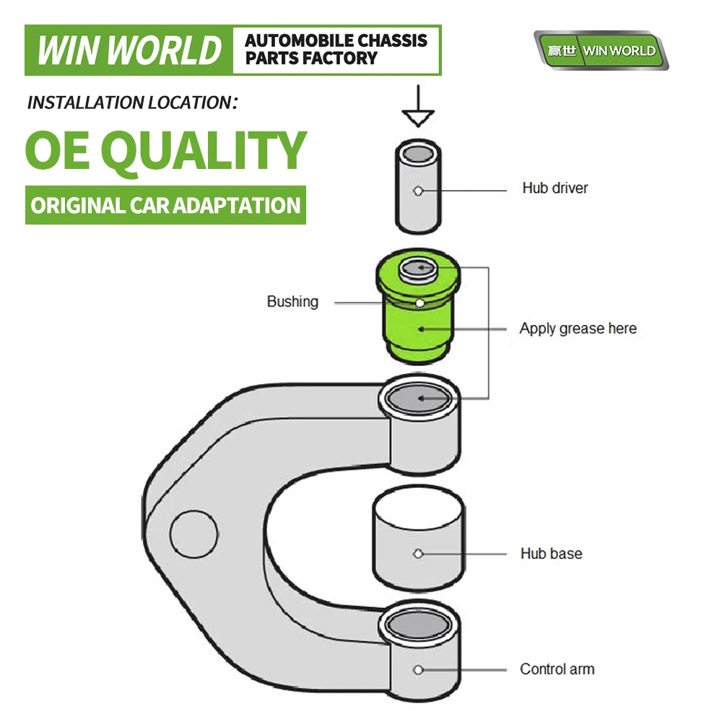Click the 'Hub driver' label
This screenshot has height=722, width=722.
[554, 188]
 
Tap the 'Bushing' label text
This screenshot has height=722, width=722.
[292, 302]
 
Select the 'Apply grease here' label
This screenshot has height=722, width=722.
[578, 329]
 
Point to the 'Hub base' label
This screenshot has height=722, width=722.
[551, 554]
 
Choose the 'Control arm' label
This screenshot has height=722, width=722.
[557, 669]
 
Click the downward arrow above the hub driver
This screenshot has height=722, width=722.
[418, 105]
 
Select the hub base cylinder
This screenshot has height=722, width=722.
[418, 538]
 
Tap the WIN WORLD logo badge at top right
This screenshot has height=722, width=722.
[601, 51]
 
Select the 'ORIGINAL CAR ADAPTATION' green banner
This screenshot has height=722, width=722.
[165, 205]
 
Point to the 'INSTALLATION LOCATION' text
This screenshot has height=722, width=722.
[132, 103]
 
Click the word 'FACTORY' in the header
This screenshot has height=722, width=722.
[340, 58]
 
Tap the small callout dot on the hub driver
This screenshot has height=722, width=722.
[418, 191]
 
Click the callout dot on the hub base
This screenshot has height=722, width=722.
[418, 554]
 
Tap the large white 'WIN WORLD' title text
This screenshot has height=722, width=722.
[129, 51]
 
